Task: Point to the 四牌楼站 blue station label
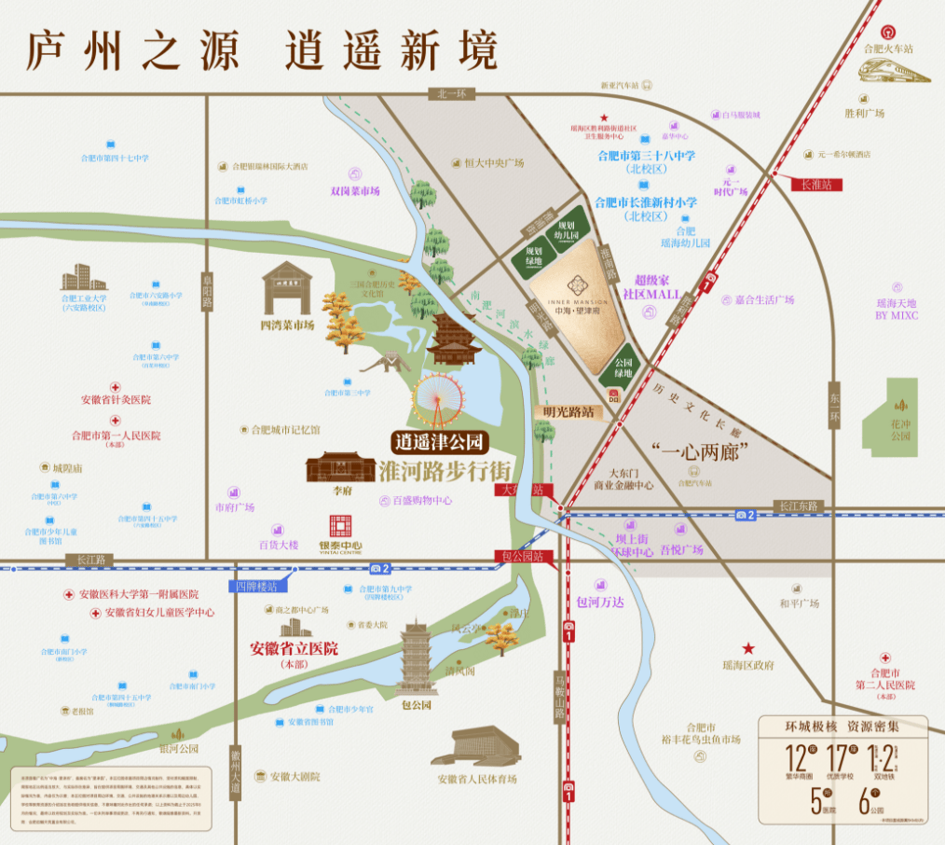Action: [x=256, y=587]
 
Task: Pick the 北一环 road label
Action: [x=451, y=94]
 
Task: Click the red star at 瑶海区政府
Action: [x=746, y=648]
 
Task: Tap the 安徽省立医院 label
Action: [x=294, y=649]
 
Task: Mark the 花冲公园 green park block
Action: [x=900, y=414]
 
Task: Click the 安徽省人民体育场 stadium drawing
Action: [x=476, y=747]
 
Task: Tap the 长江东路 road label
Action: [x=799, y=505]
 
